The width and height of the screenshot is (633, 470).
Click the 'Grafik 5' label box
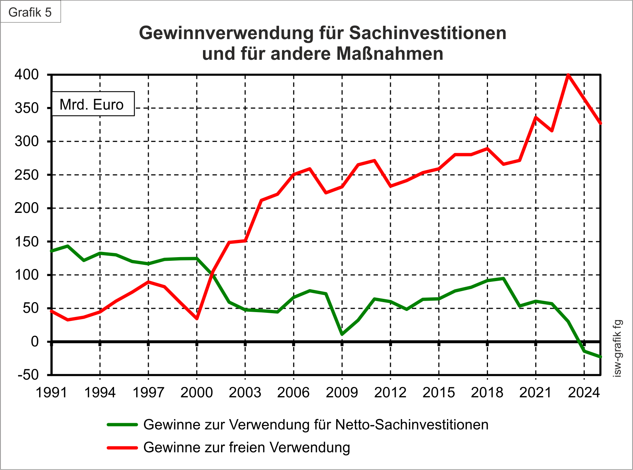tap(30, 12)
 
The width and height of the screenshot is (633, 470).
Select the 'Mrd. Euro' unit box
tap(93, 104)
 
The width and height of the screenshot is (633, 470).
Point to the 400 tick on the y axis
tap(27, 75)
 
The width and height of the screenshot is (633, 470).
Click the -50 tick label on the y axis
tap(28, 375)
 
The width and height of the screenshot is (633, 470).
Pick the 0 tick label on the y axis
tap(34, 342)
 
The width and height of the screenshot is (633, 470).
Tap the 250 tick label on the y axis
tap(27, 175)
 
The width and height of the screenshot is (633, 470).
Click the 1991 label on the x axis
tap(52, 392)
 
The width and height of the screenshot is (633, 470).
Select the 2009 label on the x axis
tap(342, 392)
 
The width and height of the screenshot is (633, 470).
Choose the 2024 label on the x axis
tap(584, 392)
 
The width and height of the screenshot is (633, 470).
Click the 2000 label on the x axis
tap(197, 392)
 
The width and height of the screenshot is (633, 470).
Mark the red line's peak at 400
tap(568, 75)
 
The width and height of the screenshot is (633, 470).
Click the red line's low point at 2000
tap(197, 318)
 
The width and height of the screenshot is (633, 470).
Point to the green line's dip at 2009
tap(342, 334)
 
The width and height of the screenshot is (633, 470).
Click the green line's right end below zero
tap(600, 357)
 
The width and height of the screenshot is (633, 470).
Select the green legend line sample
tap(122, 425)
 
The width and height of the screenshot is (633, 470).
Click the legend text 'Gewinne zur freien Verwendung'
tap(247, 447)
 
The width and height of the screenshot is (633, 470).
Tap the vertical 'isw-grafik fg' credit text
tap(617, 348)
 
